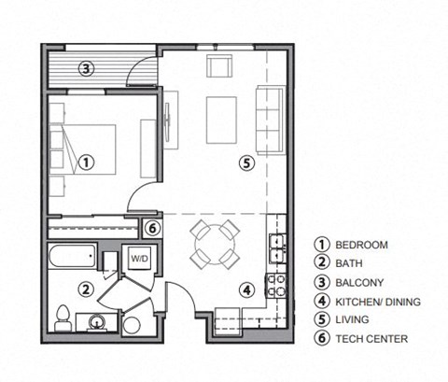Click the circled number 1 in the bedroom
coord(85,162)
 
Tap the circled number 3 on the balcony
coord(85,68)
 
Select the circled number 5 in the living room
coord(245,163)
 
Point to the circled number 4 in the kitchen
coord(246,290)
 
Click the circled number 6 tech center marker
coord(154,227)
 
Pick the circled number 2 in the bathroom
coord(84,290)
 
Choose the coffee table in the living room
coord(222,120)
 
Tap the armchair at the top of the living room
coord(220,66)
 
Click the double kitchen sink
coord(276,246)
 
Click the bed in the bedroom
coord(84,149)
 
